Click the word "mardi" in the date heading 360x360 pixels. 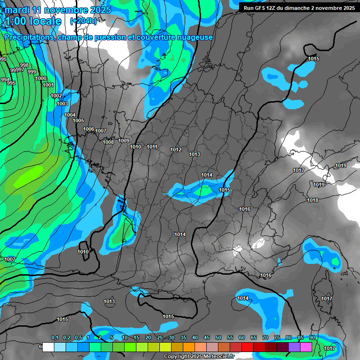coord(17,10)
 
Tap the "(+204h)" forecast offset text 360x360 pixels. coord(83,21)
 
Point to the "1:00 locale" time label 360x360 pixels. coord(33,21)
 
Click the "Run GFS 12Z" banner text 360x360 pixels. coord(268,8)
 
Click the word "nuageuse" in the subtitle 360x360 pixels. coord(196,37)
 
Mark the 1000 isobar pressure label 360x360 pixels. coord(41,78)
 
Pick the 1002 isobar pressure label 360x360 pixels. coord(56,96)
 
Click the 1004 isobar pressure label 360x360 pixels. coord(70,115)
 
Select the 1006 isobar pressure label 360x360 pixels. coord(89,129)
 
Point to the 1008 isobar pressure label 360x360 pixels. coord(108,142)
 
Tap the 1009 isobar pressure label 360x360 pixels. coord(124,141)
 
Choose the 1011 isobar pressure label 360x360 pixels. coord(152,147)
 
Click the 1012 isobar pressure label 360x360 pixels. coord(176,150)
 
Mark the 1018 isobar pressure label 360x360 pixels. coord(313,200)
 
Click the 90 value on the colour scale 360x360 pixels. coord(312,337)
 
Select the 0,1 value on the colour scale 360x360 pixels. coord(55,337)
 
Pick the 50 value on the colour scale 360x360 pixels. coord(218,337)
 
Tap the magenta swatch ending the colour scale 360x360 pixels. coord(306,347)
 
